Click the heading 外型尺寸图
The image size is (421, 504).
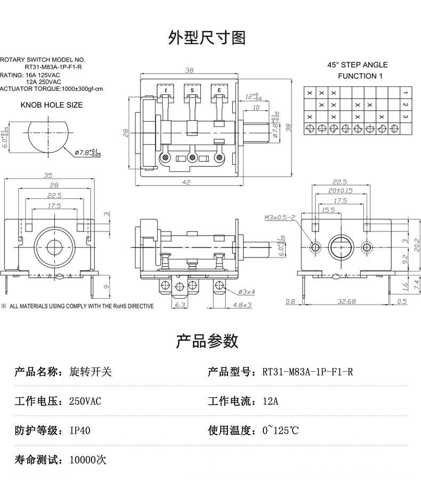tap(207, 38)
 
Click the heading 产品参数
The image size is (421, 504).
tap(207, 341)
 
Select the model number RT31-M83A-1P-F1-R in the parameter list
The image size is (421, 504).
tap(307, 372)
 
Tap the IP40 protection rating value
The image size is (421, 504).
tap(80, 430)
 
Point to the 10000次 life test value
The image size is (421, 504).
tap(88, 459)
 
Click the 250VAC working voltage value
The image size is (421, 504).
tap(85, 401)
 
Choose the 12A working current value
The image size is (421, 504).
tap(270, 401)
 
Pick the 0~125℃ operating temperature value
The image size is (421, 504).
tap(280, 430)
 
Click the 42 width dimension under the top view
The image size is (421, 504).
tap(187, 182)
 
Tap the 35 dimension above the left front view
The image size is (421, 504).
tap(48, 175)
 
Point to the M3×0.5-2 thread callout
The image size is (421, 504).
tap(280, 218)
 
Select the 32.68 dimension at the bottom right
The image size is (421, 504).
tap(347, 302)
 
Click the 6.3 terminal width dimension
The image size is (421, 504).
tap(180, 305)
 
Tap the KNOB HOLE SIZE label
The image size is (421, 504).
tap(52, 105)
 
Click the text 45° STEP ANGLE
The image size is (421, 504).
tap(358, 65)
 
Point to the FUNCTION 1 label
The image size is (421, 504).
tap(360, 76)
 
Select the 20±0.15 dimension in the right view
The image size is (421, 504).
tap(341, 190)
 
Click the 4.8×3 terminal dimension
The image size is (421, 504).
tap(244, 305)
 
